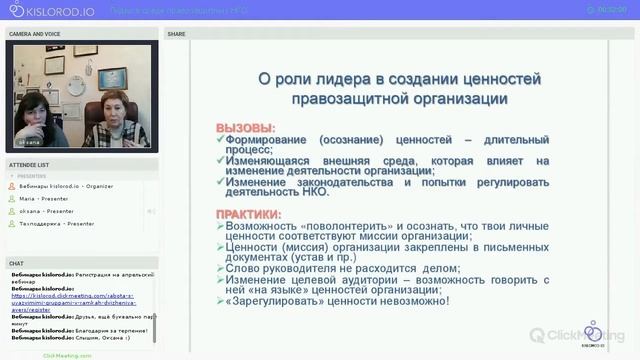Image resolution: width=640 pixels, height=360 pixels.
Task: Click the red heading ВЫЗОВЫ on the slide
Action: tap(245, 129)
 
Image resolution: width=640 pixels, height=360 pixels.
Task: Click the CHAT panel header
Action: tap(16, 263)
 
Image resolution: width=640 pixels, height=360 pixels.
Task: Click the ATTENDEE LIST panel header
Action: tap(29, 164)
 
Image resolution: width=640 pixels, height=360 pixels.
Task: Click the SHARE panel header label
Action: tap(176, 33)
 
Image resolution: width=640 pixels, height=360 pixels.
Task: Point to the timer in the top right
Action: tap(612, 10)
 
